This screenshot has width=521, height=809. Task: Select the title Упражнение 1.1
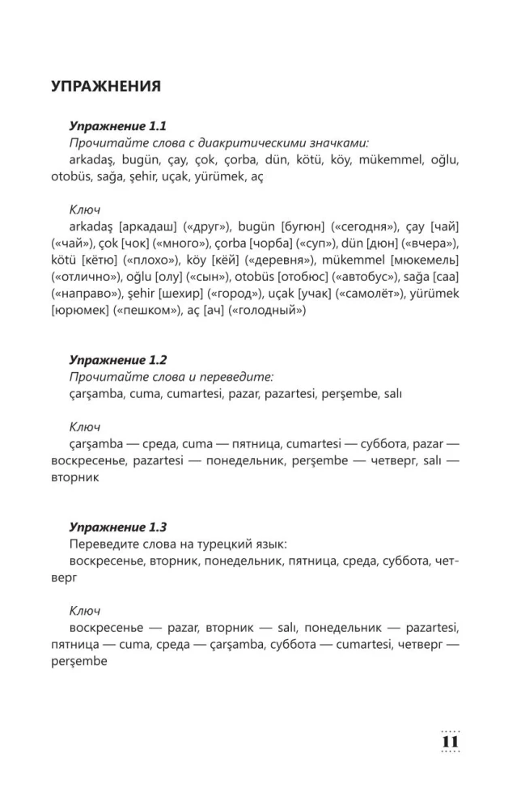click(x=117, y=126)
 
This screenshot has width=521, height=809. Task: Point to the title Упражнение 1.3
click(x=117, y=527)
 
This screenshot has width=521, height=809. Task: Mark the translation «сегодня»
click(x=367, y=226)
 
